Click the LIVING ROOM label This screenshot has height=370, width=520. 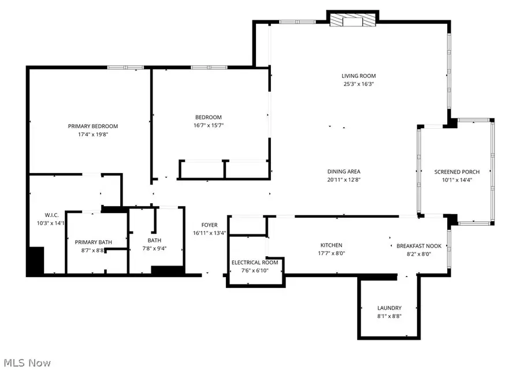pyautogui.click(x=358, y=76)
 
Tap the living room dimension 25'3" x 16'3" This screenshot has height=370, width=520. pyautogui.click(x=358, y=84)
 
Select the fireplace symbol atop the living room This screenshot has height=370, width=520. pyautogui.click(x=352, y=20)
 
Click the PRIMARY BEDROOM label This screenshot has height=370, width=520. pyautogui.click(x=93, y=126)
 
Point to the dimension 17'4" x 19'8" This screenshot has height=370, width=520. pyautogui.click(x=93, y=134)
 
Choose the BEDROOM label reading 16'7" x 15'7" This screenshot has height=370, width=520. pyautogui.click(x=207, y=117)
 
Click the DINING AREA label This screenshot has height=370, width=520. pyautogui.click(x=344, y=171)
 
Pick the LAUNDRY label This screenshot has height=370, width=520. pyautogui.click(x=389, y=308)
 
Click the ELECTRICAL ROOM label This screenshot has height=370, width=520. pyautogui.click(x=255, y=263)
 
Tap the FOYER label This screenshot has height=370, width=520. pyautogui.click(x=209, y=225)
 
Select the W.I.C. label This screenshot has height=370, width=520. pyautogui.click(x=41, y=214)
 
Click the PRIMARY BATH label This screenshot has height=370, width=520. pyautogui.click(x=94, y=242)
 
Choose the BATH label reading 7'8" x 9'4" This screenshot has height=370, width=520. pyautogui.click(x=154, y=241)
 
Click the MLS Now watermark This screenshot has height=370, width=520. pyautogui.click(x=26, y=362)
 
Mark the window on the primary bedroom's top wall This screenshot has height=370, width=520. pyautogui.click(x=125, y=68)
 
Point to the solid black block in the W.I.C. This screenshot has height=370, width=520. pyautogui.click(x=36, y=261)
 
